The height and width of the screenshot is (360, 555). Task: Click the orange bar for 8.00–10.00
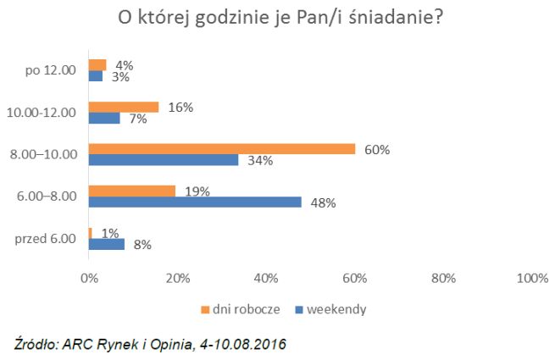[222, 149]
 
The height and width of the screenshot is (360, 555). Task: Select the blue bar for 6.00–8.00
[195, 202]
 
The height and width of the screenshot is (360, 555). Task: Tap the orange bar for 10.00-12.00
[124, 107]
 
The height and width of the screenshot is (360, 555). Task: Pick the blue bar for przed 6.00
[107, 245]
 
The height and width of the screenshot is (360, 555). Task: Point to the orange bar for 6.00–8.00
[131, 191]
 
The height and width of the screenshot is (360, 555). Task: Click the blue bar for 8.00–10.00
[164, 160]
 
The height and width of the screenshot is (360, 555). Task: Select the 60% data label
[377, 150]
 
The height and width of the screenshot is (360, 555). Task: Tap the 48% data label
[324, 203]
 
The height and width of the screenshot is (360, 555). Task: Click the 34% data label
[261, 161]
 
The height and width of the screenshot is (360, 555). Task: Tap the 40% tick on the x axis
[266, 278]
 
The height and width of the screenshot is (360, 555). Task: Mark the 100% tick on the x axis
[532, 278]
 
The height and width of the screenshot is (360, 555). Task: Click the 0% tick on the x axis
[88, 278]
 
